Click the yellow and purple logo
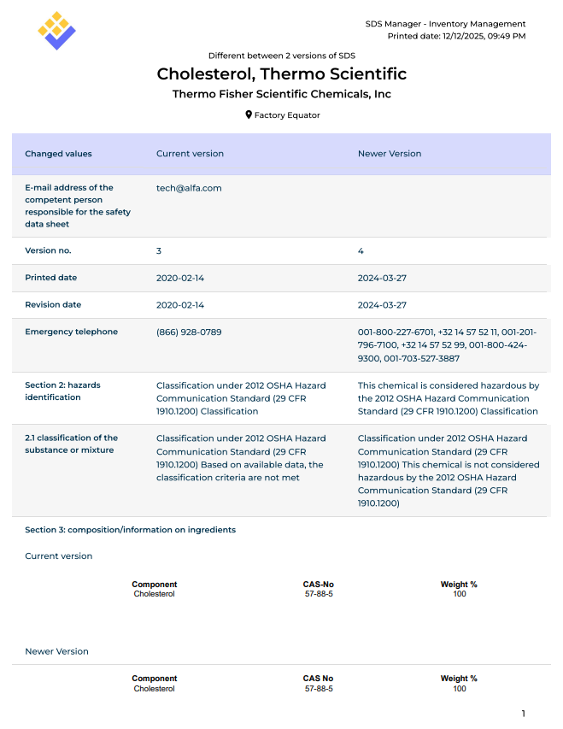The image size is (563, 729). tap(56, 31)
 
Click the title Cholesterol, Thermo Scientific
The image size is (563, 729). tap(282, 74)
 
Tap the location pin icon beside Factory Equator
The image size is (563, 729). tap(249, 115)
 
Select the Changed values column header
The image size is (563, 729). tap(58, 154)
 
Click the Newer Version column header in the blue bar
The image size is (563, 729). tap(389, 154)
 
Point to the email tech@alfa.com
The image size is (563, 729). tap(189, 187)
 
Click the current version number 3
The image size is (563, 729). tap(159, 250)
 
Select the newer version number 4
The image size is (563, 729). tap(361, 250)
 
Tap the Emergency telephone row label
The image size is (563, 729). tap(71, 332)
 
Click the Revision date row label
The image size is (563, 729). tap(53, 304)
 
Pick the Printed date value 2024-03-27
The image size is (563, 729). tap(382, 278)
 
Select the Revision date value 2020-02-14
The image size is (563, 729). tap(180, 304)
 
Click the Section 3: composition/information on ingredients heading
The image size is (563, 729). tap(130, 530)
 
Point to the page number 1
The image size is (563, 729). tap(524, 714)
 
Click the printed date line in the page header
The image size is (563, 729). tap(456, 36)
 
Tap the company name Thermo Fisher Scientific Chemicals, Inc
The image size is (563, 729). tap(282, 94)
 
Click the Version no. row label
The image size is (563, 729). tap(48, 250)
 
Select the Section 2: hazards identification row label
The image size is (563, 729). tap(62, 391)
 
